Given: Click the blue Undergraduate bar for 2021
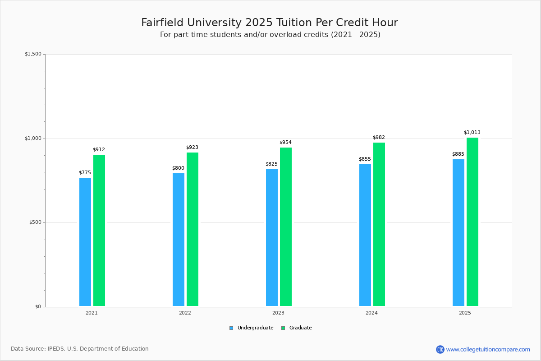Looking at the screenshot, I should pyautogui.click(x=85, y=242).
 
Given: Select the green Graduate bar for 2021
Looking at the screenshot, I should pyautogui.click(x=99, y=230).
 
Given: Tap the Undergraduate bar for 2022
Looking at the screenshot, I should pyautogui.click(x=179, y=240).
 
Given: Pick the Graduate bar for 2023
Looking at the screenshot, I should pyautogui.click(x=286, y=227).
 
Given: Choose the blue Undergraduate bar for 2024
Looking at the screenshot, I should pyautogui.click(x=365, y=235).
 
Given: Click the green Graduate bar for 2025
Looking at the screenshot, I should pyautogui.click(x=472, y=222).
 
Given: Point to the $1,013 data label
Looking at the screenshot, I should pyautogui.click(x=472, y=133).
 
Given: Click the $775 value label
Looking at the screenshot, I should pyautogui.click(x=85, y=173).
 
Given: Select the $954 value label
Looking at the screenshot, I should pyautogui.click(x=285, y=143).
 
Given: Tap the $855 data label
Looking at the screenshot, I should pyautogui.click(x=365, y=159).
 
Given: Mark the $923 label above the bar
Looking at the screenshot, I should pyautogui.click(x=192, y=148).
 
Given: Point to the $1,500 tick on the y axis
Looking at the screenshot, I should pyautogui.click(x=33, y=54).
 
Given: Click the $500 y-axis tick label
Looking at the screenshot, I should pyautogui.click(x=35, y=222).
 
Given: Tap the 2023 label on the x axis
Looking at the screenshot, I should pyautogui.click(x=278, y=313).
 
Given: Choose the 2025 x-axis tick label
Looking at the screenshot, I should pyautogui.click(x=465, y=313).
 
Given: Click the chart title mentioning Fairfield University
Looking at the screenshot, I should pyautogui.click(x=270, y=23).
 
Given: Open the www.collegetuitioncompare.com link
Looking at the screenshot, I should pyautogui.click(x=488, y=349).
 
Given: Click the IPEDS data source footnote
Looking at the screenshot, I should pyautogui.click(x=80, y=349).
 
